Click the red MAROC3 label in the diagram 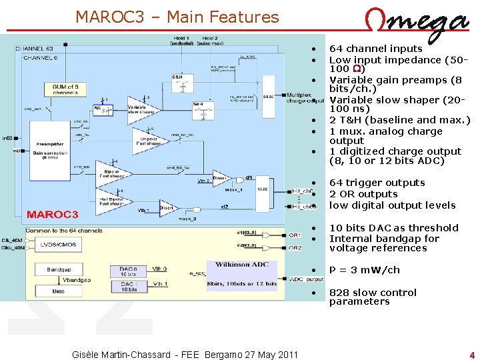tap(53, 214)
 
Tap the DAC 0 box tap(128, 271)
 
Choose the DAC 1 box tap(128, 287)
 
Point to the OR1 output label tap(295, 235)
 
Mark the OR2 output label tap(295, 247)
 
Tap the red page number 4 tap(471, 355)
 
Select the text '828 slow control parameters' tap(373, 297)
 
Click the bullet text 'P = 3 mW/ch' tap(365, 270)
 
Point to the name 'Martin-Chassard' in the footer tap(133, 354)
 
